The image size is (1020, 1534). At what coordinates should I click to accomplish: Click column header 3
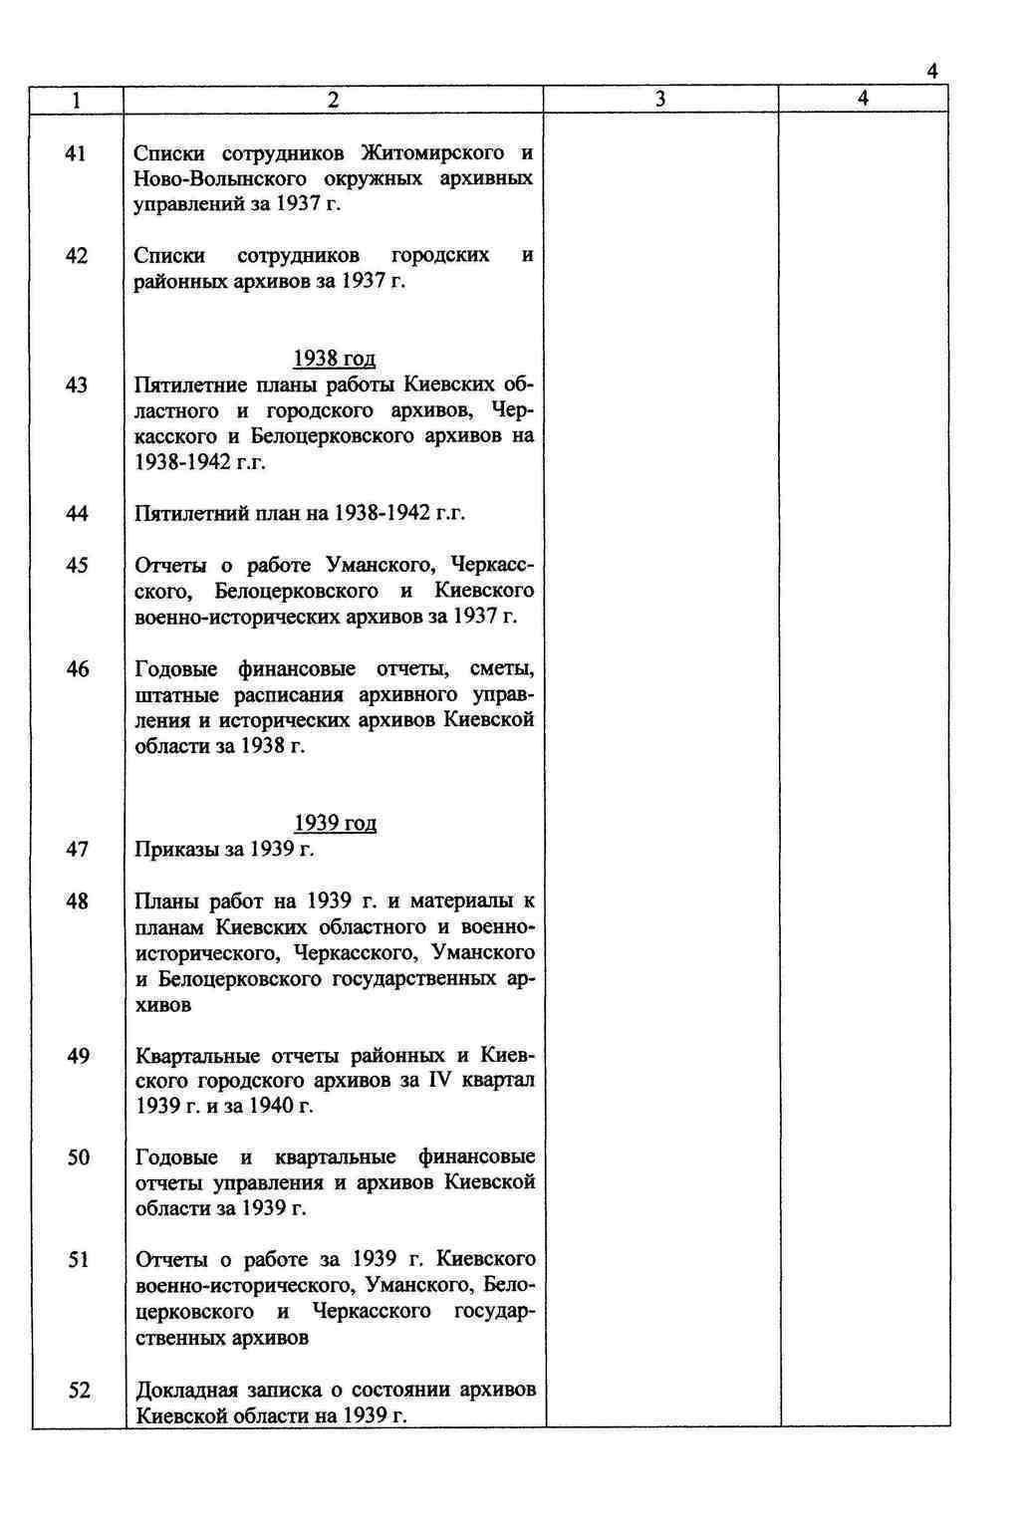(x=660, y=99)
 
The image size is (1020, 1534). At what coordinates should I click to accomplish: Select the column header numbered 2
(x=333, y=99)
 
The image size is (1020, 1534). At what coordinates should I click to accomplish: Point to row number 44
(x=77, y=513)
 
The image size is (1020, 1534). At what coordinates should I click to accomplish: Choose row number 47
(x=77, y=849)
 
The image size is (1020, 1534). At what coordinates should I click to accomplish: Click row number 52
(x=79, y=1390)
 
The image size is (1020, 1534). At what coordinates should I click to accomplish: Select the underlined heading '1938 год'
(x=334, y=359)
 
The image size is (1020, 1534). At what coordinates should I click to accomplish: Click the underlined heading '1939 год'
(x=335, y=823)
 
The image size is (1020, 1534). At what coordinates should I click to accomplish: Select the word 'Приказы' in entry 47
(x=175, y=850)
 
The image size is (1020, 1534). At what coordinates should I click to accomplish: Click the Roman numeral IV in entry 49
(x=439, y=1081)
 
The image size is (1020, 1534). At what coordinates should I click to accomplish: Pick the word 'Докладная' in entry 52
(x=186, y=1391)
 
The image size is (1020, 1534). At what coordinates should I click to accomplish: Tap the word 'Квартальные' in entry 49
(x=196, y=1056)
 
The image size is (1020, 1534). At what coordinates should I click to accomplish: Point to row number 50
(x=78, y=1157)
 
